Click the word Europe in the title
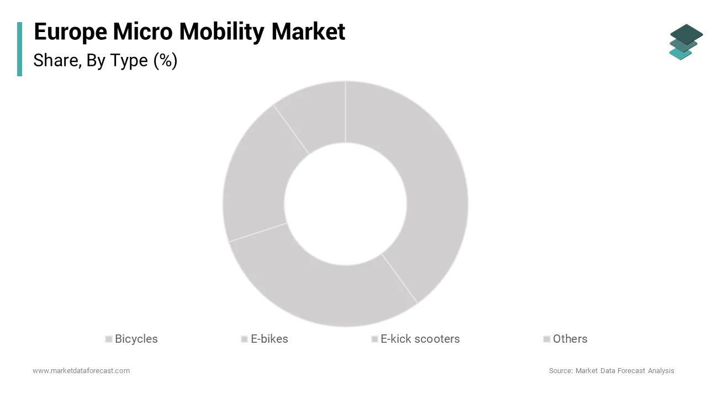[x=71, y=32]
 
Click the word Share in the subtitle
[x=55, y=60]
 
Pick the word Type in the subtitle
[x=128, y=61]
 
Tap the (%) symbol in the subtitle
[x=165, y=60]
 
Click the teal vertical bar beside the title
[x=20, y=49]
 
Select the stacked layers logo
[x=685, y=42]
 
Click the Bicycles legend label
[x=136, y=339]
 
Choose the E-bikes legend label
[x=269, y=339]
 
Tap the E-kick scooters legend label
[x=420, y=339]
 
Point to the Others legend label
[x=570, y=339]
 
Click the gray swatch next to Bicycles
[x=109, y=339]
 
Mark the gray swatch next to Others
[x=547, y=339]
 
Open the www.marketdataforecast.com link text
[x=81, y=370]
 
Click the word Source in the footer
[x=560, y=370]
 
